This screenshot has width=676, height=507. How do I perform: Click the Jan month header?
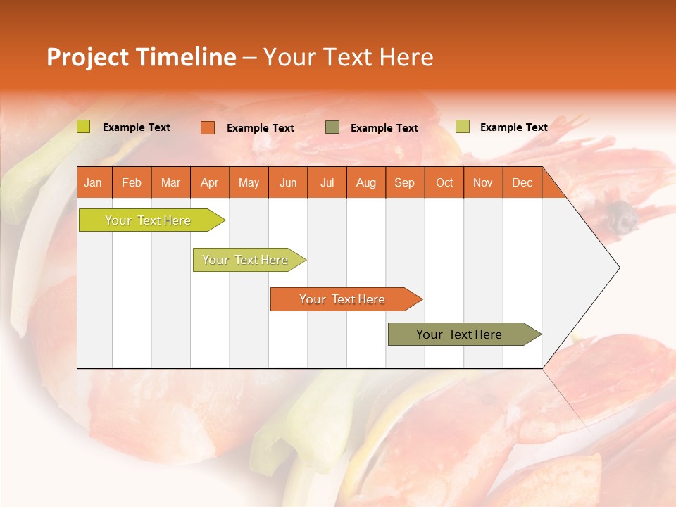pyautogui.click(x=93, y=182)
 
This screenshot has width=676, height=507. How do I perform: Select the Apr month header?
pyautogui.click(x=209, y=182)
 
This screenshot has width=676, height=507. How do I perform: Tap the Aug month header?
pyautogui.click(x=365, y=182)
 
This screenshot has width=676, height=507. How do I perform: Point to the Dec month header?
pyautogui.click(x=522, y=182)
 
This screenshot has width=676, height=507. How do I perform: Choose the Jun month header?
pyautogui.click(x=287, y=182)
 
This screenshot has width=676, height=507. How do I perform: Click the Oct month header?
pyautogui.click(x=444, y=182)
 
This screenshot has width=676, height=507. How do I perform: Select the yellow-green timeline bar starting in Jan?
pyautogui.click(x=148, y=220)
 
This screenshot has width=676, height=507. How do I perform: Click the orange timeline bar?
pyautogui.click(x=343, y=299)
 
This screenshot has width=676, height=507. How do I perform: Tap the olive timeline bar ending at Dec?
pyautogui.click(x=460, y=334)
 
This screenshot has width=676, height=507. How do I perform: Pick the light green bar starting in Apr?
pyautogui.click(x=245, y=260)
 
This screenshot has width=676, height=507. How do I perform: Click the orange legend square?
pyautogui.click(x=207, y=127)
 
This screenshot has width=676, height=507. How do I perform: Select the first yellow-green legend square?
pyautogui.click(x=83, y=127)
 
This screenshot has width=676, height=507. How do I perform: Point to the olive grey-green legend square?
pyautogui.click(x=332, y=127)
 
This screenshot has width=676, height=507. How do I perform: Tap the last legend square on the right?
pyautogui.click(x=462, y=127)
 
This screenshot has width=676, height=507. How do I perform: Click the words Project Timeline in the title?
pyautogui.click(x=141, y=57)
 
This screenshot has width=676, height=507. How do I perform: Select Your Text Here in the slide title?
pyautogui.click(x=348, y=57)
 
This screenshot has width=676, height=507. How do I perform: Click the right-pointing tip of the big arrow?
pyautogui.click(x=618, y=268)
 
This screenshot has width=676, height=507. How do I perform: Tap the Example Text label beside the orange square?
pyautogui.click(x=260, y=128)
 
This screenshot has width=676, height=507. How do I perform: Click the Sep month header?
pyautogui.click(x=404, y=182)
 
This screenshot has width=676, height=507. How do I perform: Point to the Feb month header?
pyautogui.click(x=131, y=182)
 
